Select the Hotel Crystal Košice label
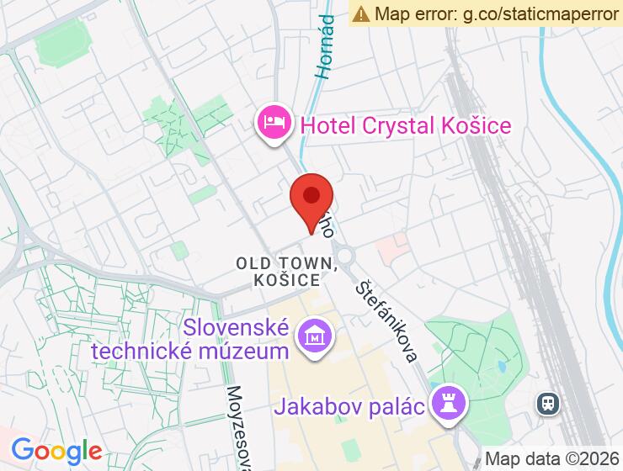[x=406, y=126]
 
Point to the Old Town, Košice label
[x=287, y=272]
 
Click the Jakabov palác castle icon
[x=446, y=404]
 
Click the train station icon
[x=548, y=405]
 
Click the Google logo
[x=57, y=451]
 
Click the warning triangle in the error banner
[x=361, y=13]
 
